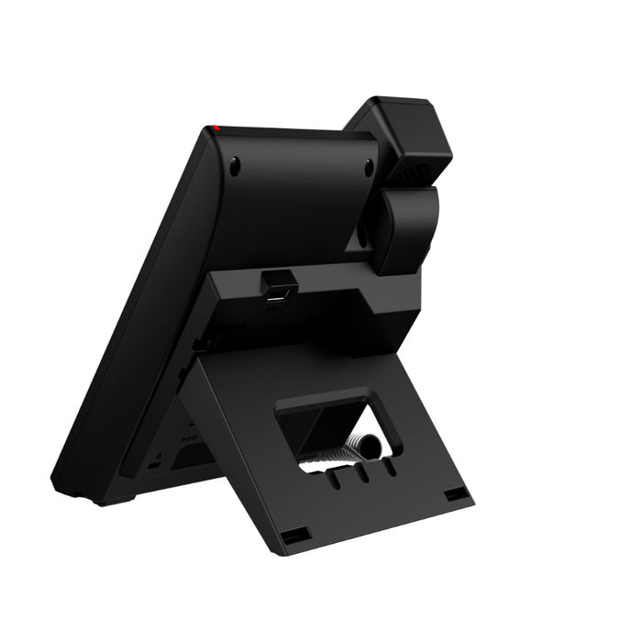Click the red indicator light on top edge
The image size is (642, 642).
216,127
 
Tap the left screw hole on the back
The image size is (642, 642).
235,166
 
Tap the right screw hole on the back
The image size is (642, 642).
369,167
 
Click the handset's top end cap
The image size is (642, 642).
404,124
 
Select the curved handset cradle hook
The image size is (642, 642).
404,229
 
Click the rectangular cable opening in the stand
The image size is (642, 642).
339,426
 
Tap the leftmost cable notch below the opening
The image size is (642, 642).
337,480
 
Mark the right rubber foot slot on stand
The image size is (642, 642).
455,494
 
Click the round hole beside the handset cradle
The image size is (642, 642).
361,233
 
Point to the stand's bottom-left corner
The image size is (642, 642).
275,551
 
